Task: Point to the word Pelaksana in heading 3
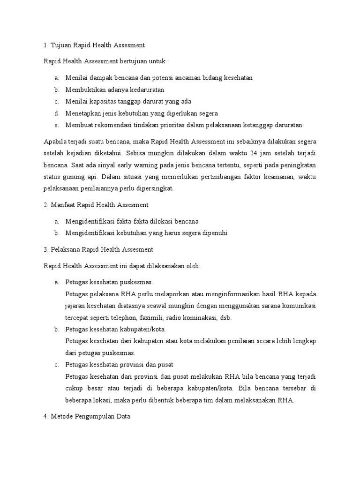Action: (63, 249)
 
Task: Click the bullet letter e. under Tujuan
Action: (56, 125)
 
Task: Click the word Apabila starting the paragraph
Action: (55, 141)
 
